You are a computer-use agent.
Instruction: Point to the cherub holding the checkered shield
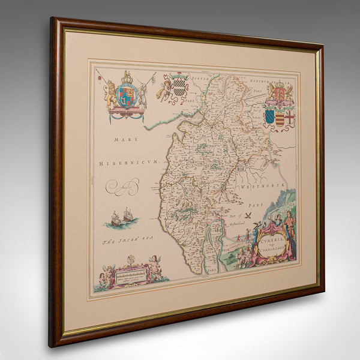tap(164, 89)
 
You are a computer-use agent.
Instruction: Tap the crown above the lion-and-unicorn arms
tap(127, 77)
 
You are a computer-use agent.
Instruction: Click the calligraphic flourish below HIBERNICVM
tap(122, 188)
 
